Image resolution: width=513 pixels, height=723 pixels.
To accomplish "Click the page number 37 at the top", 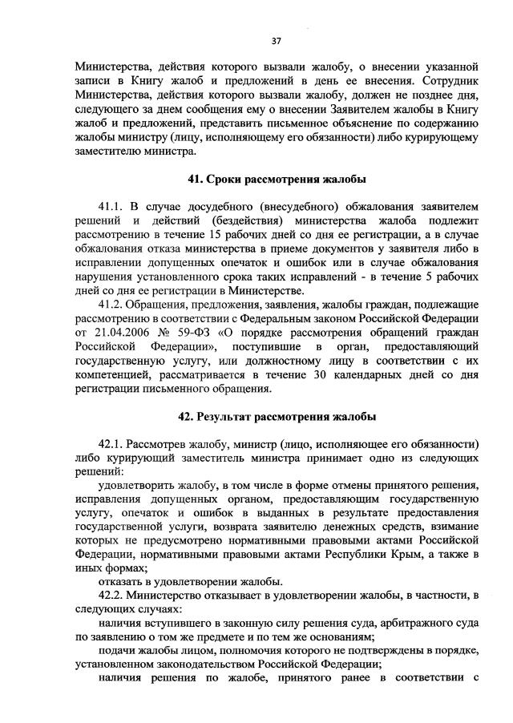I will tap(277, 40).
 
